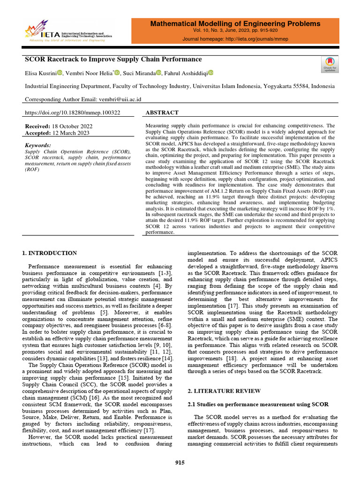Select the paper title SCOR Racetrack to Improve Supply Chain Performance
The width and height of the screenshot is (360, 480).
coord(113,60)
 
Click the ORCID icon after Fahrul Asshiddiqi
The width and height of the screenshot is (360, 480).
coord(210,73)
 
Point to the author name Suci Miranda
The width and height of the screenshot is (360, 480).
coord(139,73)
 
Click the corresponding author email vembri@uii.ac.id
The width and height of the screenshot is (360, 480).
coord(119,99)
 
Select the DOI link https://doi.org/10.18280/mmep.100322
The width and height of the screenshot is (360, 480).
coord(72,113)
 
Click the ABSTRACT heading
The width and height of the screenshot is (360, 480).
coord(162,113)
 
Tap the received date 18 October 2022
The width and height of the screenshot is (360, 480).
coord(72,127)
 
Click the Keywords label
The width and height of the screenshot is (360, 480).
coord(37,146)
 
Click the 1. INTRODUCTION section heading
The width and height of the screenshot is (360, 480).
coord(50,253)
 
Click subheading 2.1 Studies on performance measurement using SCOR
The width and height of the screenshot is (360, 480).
coord(258,404)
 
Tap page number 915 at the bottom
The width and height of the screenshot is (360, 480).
coord(180,463)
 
